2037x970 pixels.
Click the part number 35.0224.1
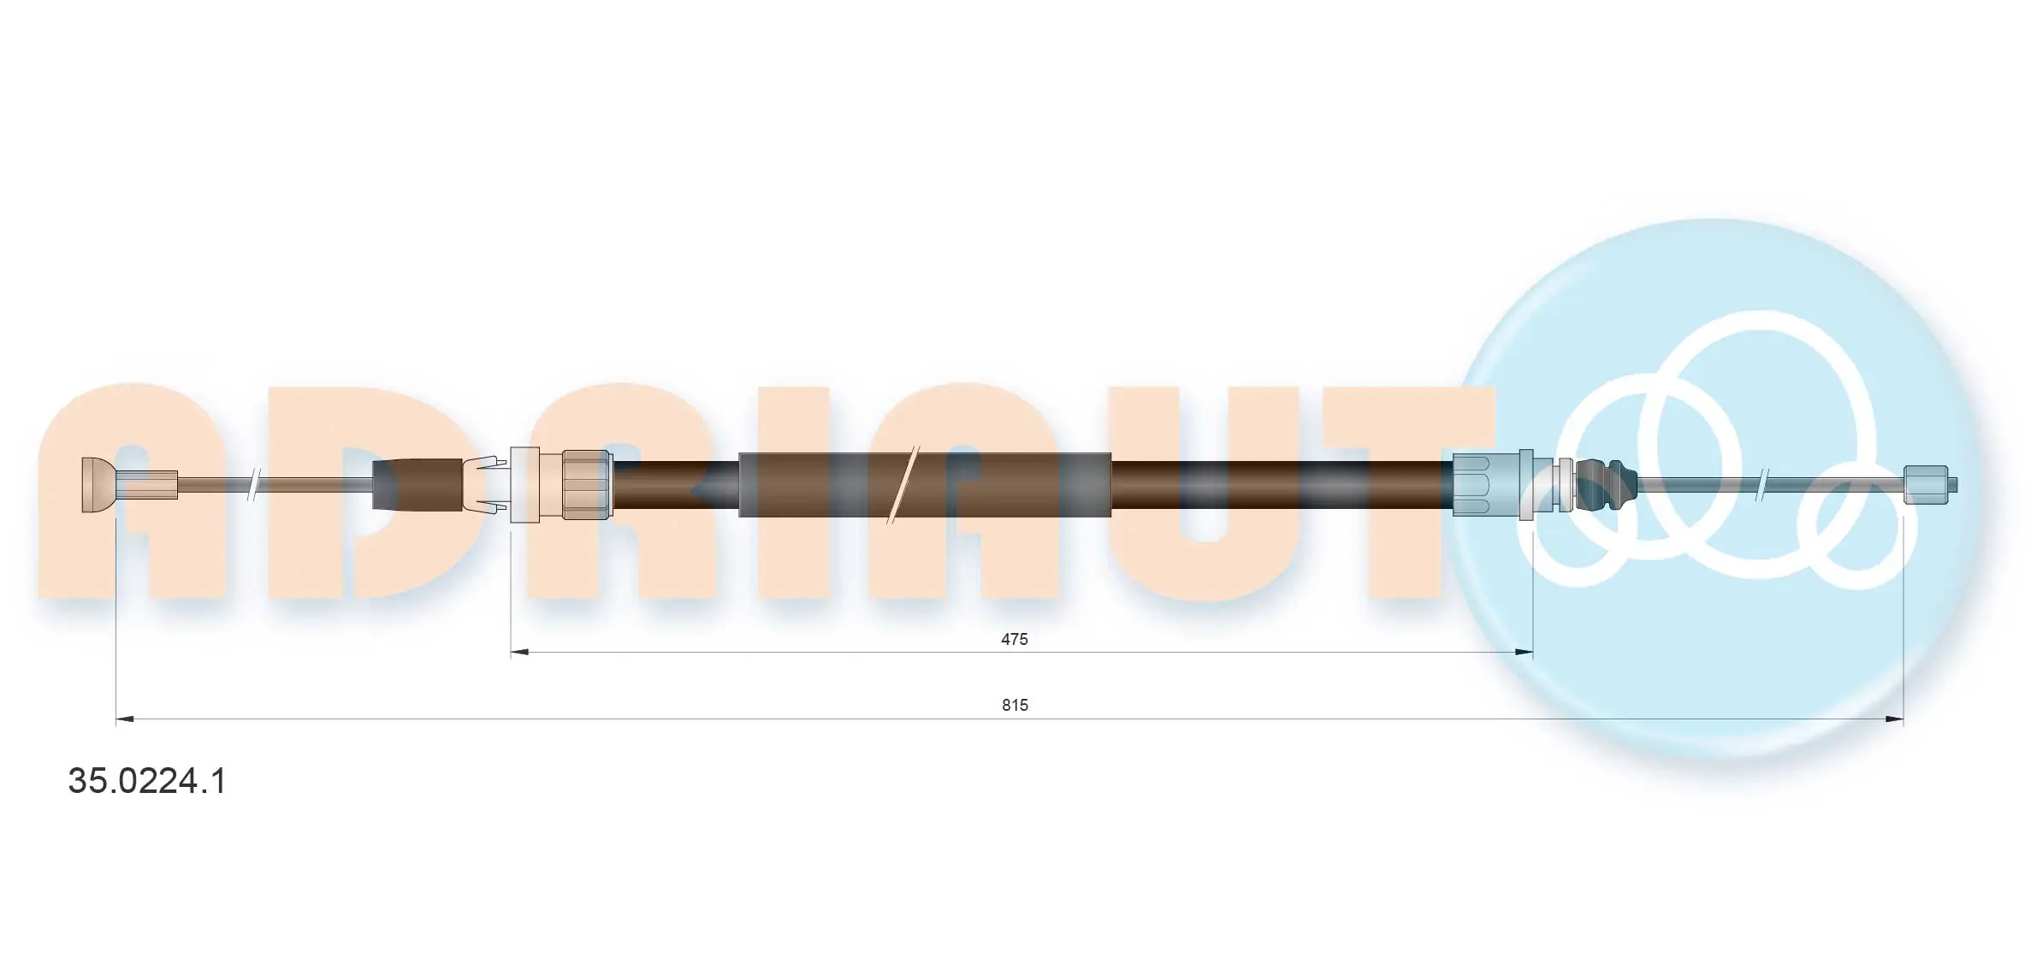click(147, 781)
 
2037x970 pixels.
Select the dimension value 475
click(1014, 639)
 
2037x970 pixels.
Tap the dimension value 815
click(1015, 705)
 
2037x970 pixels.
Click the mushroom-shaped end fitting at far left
click(98, 485)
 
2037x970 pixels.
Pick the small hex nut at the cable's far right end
click(1926, 485)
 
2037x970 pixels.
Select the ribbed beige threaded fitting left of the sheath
click(586, 485)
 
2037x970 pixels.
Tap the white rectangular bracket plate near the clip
click(524, 485)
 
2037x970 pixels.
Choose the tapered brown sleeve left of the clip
click(417, 485)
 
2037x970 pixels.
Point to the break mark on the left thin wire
click(253, 485)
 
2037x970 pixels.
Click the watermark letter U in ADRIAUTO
click(1202, 492)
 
